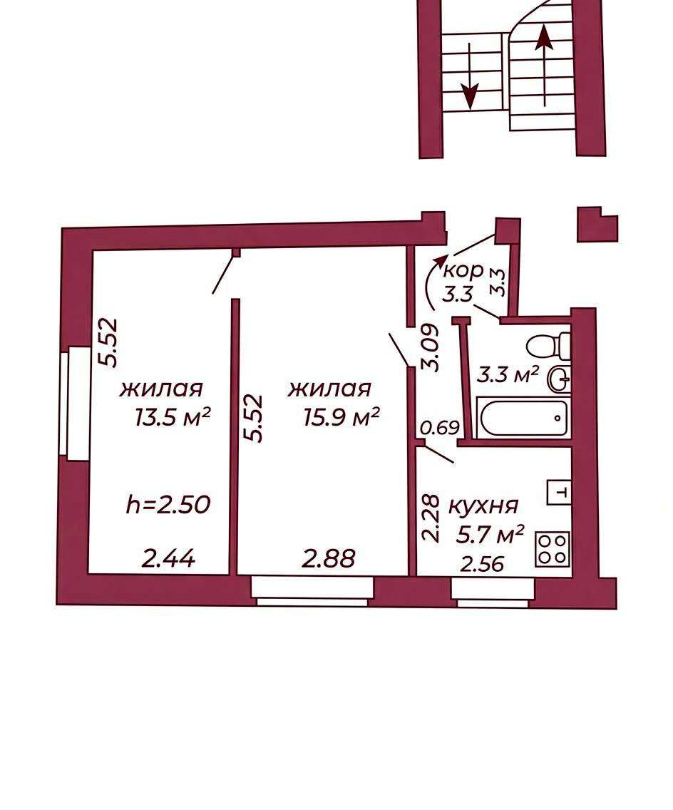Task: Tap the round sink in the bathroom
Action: pyautogui.click(x=560, y=379)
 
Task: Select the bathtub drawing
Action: pyautogui.click(x=523, y=417)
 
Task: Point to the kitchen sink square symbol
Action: pyautogui.click(x=559, y=493)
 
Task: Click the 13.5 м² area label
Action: pyautogui.click(x=173, y=417)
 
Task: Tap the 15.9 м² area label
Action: pyautogui.click(x=341, y=417)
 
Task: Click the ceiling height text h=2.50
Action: pyautogui.click(x=168, y=504)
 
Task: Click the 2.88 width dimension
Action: pyautogui.click(x=329, y=558)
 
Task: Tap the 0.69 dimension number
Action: pyautogui.click(x=440, y=428)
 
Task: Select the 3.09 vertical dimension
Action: pyautogui.click(x=430, y=347)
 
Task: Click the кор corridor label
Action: pyautogui.click(x=464, y=270)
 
